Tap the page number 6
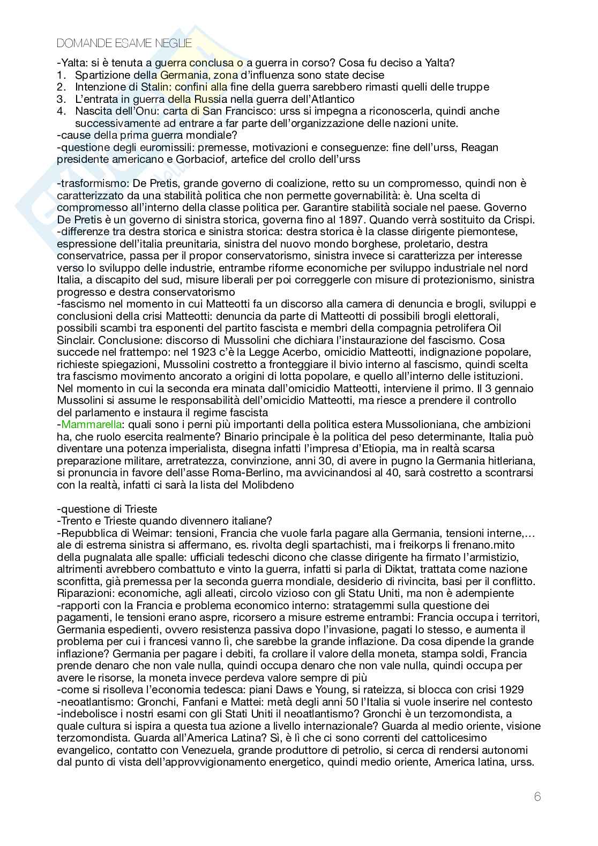(x=537, y=797)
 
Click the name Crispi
(x=518, y=220)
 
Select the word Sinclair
(x=76, y=340)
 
